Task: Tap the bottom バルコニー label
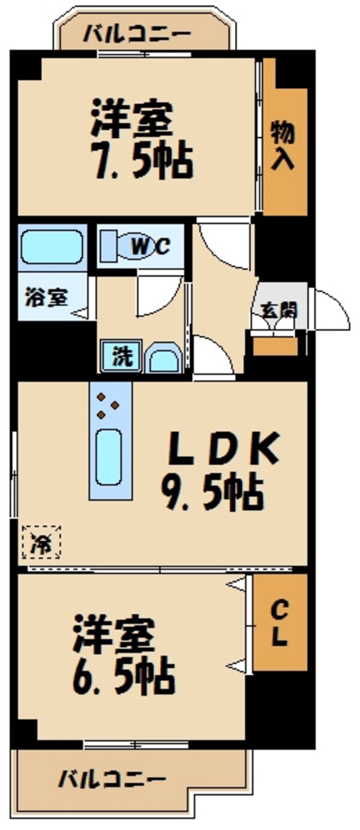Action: pyautogui.click(x=112, y=780)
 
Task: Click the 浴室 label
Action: pyautogui.click(x=46, y=297)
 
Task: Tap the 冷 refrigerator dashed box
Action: pyautogui.click(x=42, y=542)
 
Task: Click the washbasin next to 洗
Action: pyautogui.click(x=162, y=359)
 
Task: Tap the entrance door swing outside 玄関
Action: pyautogui.click(x=331, y=309)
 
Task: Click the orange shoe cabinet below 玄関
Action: pyautogui.click(x=275, y=346)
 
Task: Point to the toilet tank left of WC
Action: pyautogui.click(x=107, y=246)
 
